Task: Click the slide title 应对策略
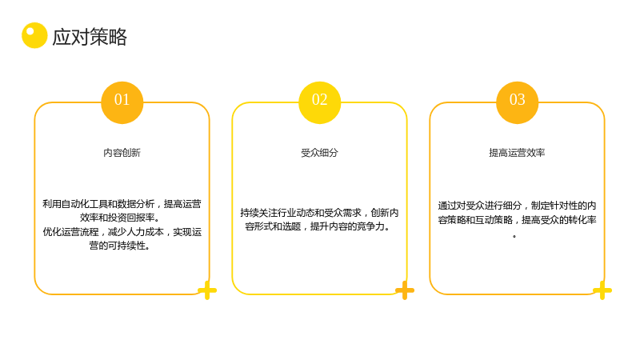pos(90,37)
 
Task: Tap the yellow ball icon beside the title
pos(34,35)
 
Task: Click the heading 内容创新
pos(122,153)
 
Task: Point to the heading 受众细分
pos(319,153)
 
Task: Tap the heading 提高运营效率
pos(517,153)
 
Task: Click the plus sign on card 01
pos(207,290)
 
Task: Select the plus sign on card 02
pos(405,290)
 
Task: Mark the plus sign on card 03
pos(602,290)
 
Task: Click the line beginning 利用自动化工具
pos(122,204)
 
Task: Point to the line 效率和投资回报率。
pos(120,218)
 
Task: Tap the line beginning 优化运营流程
pos(122,232)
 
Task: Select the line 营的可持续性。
pos(119,246)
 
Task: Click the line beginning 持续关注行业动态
pos(319,213)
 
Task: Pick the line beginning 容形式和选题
pos(318,226)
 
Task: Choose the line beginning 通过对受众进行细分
pos(517,206)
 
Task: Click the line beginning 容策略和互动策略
pos(517,219)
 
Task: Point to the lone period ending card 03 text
pos(514,236)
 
